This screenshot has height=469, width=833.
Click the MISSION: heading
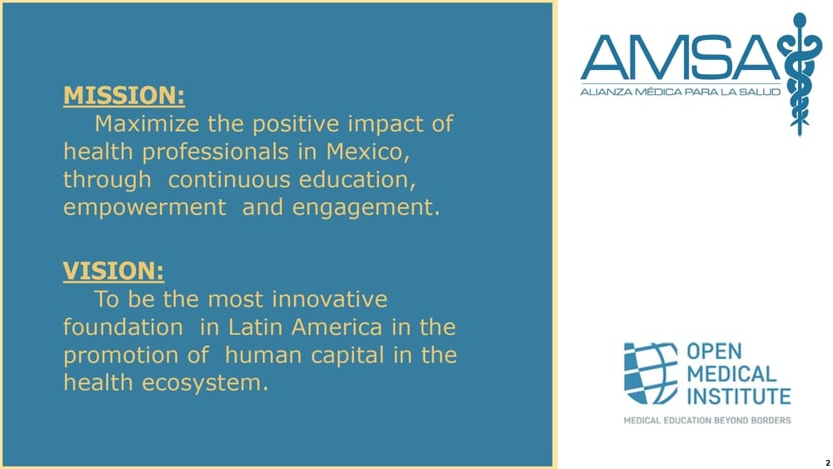coord(124,96)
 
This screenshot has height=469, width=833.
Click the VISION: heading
coord(113,271)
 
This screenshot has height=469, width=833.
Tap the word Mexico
coord(367,152)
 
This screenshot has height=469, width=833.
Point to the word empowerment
coord(144,207)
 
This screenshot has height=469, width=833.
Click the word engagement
coord(366,207)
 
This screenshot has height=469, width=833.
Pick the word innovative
coord(329,299)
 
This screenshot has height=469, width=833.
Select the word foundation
coord(123,327)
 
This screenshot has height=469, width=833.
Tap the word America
coord(337,327)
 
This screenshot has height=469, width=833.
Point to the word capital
coord(347,355)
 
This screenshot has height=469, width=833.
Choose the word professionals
coord(215,152)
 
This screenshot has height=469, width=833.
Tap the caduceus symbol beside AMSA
coord(800,74)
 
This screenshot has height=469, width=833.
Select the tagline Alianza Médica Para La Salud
coord(681,92)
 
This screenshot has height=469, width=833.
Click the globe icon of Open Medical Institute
coord(651,373)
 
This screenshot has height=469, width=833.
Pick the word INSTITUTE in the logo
coord(739,397)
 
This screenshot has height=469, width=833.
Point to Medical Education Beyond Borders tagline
coord(707,421)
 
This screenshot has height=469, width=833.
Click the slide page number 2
coord(828,463)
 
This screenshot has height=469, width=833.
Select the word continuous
coord(229,180)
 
